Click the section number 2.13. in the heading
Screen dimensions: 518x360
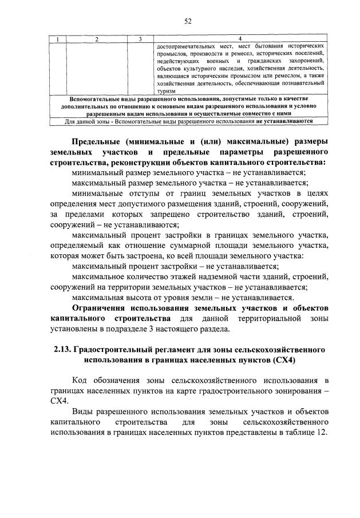pos(64,349)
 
